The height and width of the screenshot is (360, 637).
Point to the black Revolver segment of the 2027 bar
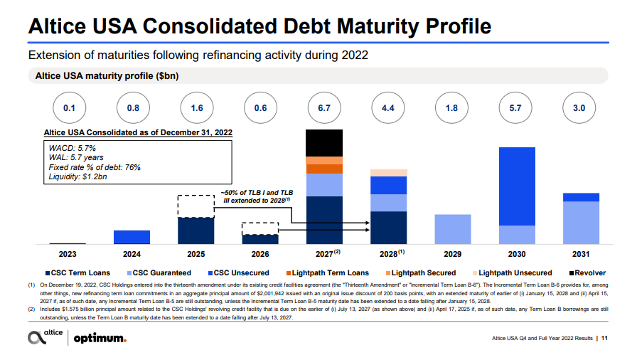[x=324, y=143]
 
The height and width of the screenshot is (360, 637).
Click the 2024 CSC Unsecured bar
[x=132, y=237]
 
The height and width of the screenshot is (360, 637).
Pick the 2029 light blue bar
[x=452, y=229]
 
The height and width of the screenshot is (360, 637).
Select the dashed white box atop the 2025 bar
[x=196, y=206]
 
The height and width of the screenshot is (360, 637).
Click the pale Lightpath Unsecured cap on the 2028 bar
[x=388, y=173]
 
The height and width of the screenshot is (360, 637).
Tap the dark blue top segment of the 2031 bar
[x=580, y=197]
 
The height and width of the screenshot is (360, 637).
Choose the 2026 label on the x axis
[x=260, y=253]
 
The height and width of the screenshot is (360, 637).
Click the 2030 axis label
[x=516, y=253]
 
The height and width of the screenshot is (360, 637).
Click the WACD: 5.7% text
[x=73, y=147]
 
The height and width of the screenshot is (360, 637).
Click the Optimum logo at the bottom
[x=100, y=338]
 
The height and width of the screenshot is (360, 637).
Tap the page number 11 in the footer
[x=604, y=338]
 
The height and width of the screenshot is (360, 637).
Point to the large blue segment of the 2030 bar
[x=516, y=186]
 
